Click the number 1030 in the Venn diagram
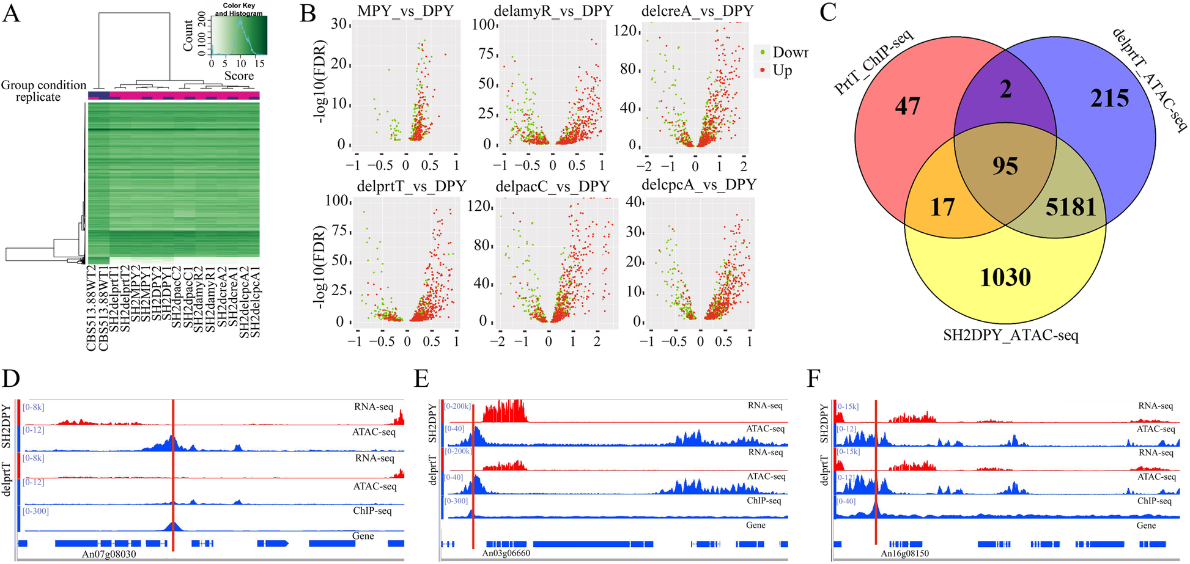click(1005, 277)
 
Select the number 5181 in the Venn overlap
click(1070, 208)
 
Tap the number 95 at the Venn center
click(1005, 166)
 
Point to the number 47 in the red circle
click(907, 106)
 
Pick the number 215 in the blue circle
click(1109, 98)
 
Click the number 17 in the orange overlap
click(942, 207)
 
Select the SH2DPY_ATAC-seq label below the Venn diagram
click(1010, 335)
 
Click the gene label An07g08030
click(109, 554)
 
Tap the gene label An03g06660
click(506, 554)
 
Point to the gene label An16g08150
click(904, 554)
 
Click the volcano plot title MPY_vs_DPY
click(406, 11)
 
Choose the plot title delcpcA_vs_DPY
click(698, 185)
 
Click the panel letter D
click(10, 379)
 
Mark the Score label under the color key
click(238, 76)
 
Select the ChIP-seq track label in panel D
click(372, 511)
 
